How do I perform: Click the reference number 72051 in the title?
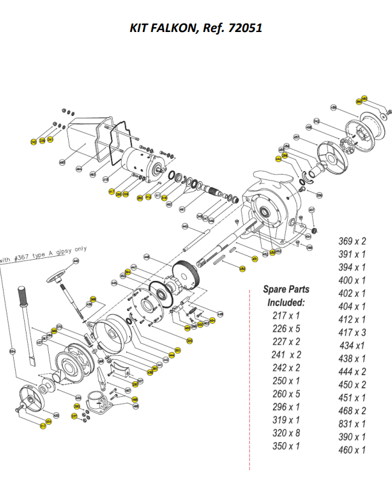coord(244,28)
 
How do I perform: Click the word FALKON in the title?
coord(171,28)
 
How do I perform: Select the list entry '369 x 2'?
coord(352,241)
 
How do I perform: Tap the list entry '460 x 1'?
coord(352,450)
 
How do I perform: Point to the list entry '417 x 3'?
coord(352,333)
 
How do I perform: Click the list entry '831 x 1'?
coord(352,424)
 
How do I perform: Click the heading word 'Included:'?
coord(286,302)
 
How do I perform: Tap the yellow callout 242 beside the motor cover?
coord(33,142)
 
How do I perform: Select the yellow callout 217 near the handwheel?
coord(43,426)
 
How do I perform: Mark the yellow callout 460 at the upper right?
coord(364,98)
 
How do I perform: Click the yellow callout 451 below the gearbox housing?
coord(254,259)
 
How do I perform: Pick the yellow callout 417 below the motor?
coord(112,192)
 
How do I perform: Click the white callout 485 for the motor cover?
coord(62,162)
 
